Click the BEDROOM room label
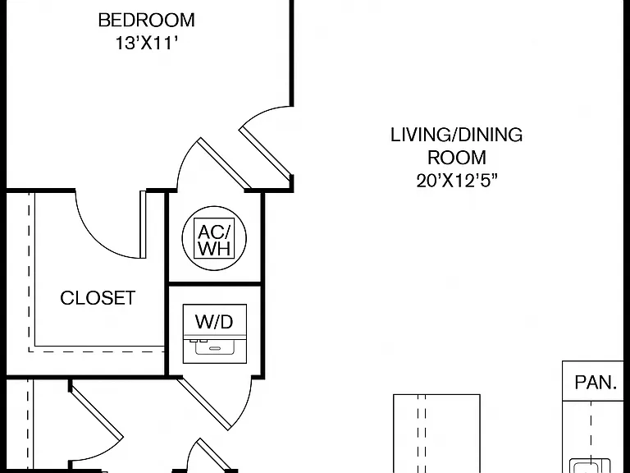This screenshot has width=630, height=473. tap(147, 20)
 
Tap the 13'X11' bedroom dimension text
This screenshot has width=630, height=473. tap(147, 43)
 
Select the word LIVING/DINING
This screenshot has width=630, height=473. tap(456, 135)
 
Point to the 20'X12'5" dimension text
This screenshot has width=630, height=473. tap(456, 181)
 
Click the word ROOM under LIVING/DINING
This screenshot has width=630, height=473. tap(457, 158)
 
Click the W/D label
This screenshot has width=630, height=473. tap(214, 322)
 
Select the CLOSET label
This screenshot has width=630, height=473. tap(98, 298)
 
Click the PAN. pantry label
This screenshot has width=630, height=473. tap(596, 383)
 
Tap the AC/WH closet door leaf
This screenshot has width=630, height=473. tap(224, 163)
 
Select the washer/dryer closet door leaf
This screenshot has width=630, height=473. tap(205, 403)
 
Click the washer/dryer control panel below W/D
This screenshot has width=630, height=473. tap(215, 347)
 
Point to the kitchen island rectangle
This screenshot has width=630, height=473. tap(436, 434)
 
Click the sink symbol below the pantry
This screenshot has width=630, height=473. tap(590, 466)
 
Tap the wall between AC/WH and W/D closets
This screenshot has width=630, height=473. tap(215, 284)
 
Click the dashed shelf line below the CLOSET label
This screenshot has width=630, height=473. tap(97, 352)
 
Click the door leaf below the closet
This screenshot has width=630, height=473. tap(96, 411)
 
